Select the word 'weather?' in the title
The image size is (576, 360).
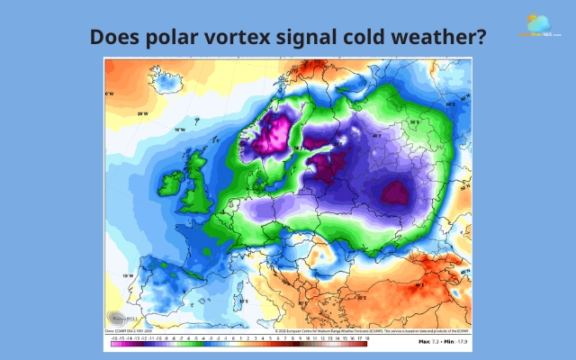(443, 38)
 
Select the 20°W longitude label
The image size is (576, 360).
(141, 114)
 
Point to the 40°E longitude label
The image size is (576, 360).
(377, 137)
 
